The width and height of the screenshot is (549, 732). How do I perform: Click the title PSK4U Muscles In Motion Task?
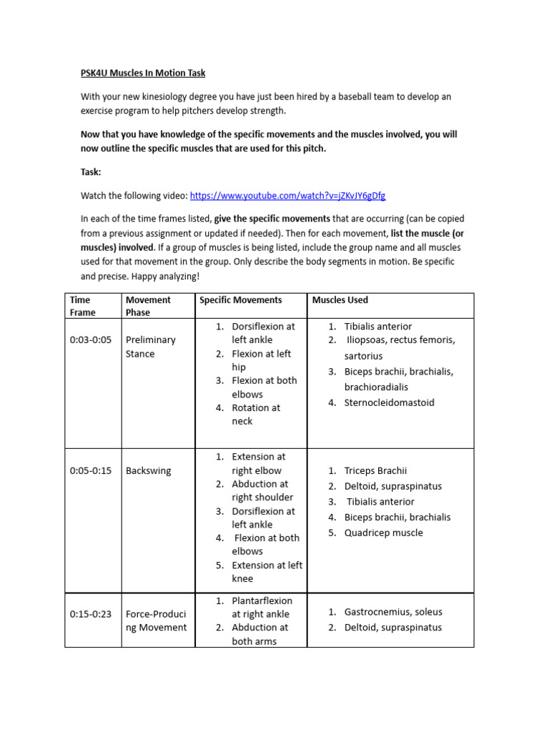click(x=142, y=73)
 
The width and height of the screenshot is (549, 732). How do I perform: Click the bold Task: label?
click(x=91, y=172)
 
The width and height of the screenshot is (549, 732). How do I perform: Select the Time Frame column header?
click(x=82, y=306)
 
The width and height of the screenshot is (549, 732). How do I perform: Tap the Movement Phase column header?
click(x=148, y=306)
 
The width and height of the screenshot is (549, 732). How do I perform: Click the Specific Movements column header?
click(x=240, y=300)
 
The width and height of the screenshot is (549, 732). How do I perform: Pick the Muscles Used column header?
click(x=340, y=300)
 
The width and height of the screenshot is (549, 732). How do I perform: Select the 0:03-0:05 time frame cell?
click(x=91, y=340)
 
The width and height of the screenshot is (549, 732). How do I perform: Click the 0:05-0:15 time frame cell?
click(x=91, y=471)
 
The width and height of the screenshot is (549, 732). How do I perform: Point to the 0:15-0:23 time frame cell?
click(x=91, y=614)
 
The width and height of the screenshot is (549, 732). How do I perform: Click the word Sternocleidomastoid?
click(x=389, y=402)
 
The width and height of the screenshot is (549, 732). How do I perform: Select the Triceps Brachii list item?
click(x=375, y=470)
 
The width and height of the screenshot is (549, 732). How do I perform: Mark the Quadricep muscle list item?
click(x=383, y=533)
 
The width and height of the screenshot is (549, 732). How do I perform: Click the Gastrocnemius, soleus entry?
click(x=393, y=612)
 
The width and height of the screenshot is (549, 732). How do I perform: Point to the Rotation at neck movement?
click(x=256, y=415)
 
